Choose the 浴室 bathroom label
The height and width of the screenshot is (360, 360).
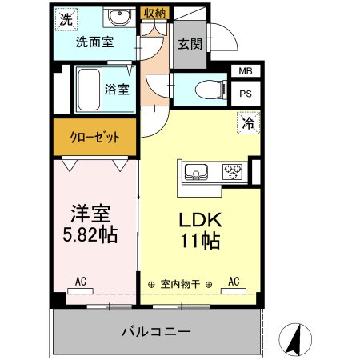[117, 89]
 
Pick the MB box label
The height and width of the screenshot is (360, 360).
[245, 72]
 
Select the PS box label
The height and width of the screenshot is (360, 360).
[245, 92]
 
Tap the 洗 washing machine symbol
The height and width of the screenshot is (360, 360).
[63, 17]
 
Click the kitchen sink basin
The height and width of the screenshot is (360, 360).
[197, 170]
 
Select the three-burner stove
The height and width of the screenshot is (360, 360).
[233, 170]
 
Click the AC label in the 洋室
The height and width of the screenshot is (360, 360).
[81, 282]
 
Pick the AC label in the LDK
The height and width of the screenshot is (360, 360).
[234, 282]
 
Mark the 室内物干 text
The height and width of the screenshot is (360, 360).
[180, 284]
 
